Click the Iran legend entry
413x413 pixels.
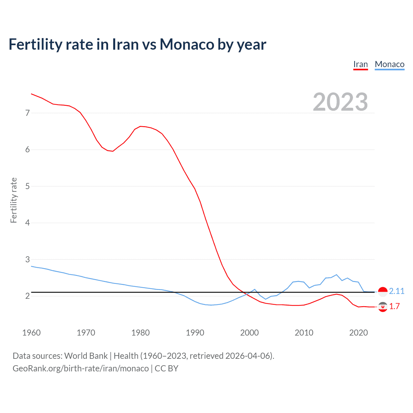coord(360,64)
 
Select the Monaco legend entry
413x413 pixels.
coord(389,64)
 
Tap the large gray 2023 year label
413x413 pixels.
coord(340,102)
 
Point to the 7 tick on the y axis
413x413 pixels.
coord(27,113)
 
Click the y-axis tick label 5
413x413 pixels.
coord(27,186)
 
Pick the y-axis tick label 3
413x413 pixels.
coord(27,259)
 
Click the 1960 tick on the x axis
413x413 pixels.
coord(31,333)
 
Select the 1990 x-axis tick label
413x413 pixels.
coord(195,333)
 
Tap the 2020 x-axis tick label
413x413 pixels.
coord(358,333)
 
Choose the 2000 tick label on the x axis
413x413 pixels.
coord(249,333)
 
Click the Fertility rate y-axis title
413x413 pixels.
coord(14,200)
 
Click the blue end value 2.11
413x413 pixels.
coord(397,291)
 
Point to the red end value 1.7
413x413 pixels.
coord(394,306)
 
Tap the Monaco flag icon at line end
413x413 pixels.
coord(383,292)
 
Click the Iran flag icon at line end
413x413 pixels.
coord(383,307)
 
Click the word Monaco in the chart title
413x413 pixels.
coord(187,44)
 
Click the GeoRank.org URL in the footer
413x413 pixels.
coord(81,368)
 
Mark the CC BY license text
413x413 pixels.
coord(166,368)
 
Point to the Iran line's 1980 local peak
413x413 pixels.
coord(140,126)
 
